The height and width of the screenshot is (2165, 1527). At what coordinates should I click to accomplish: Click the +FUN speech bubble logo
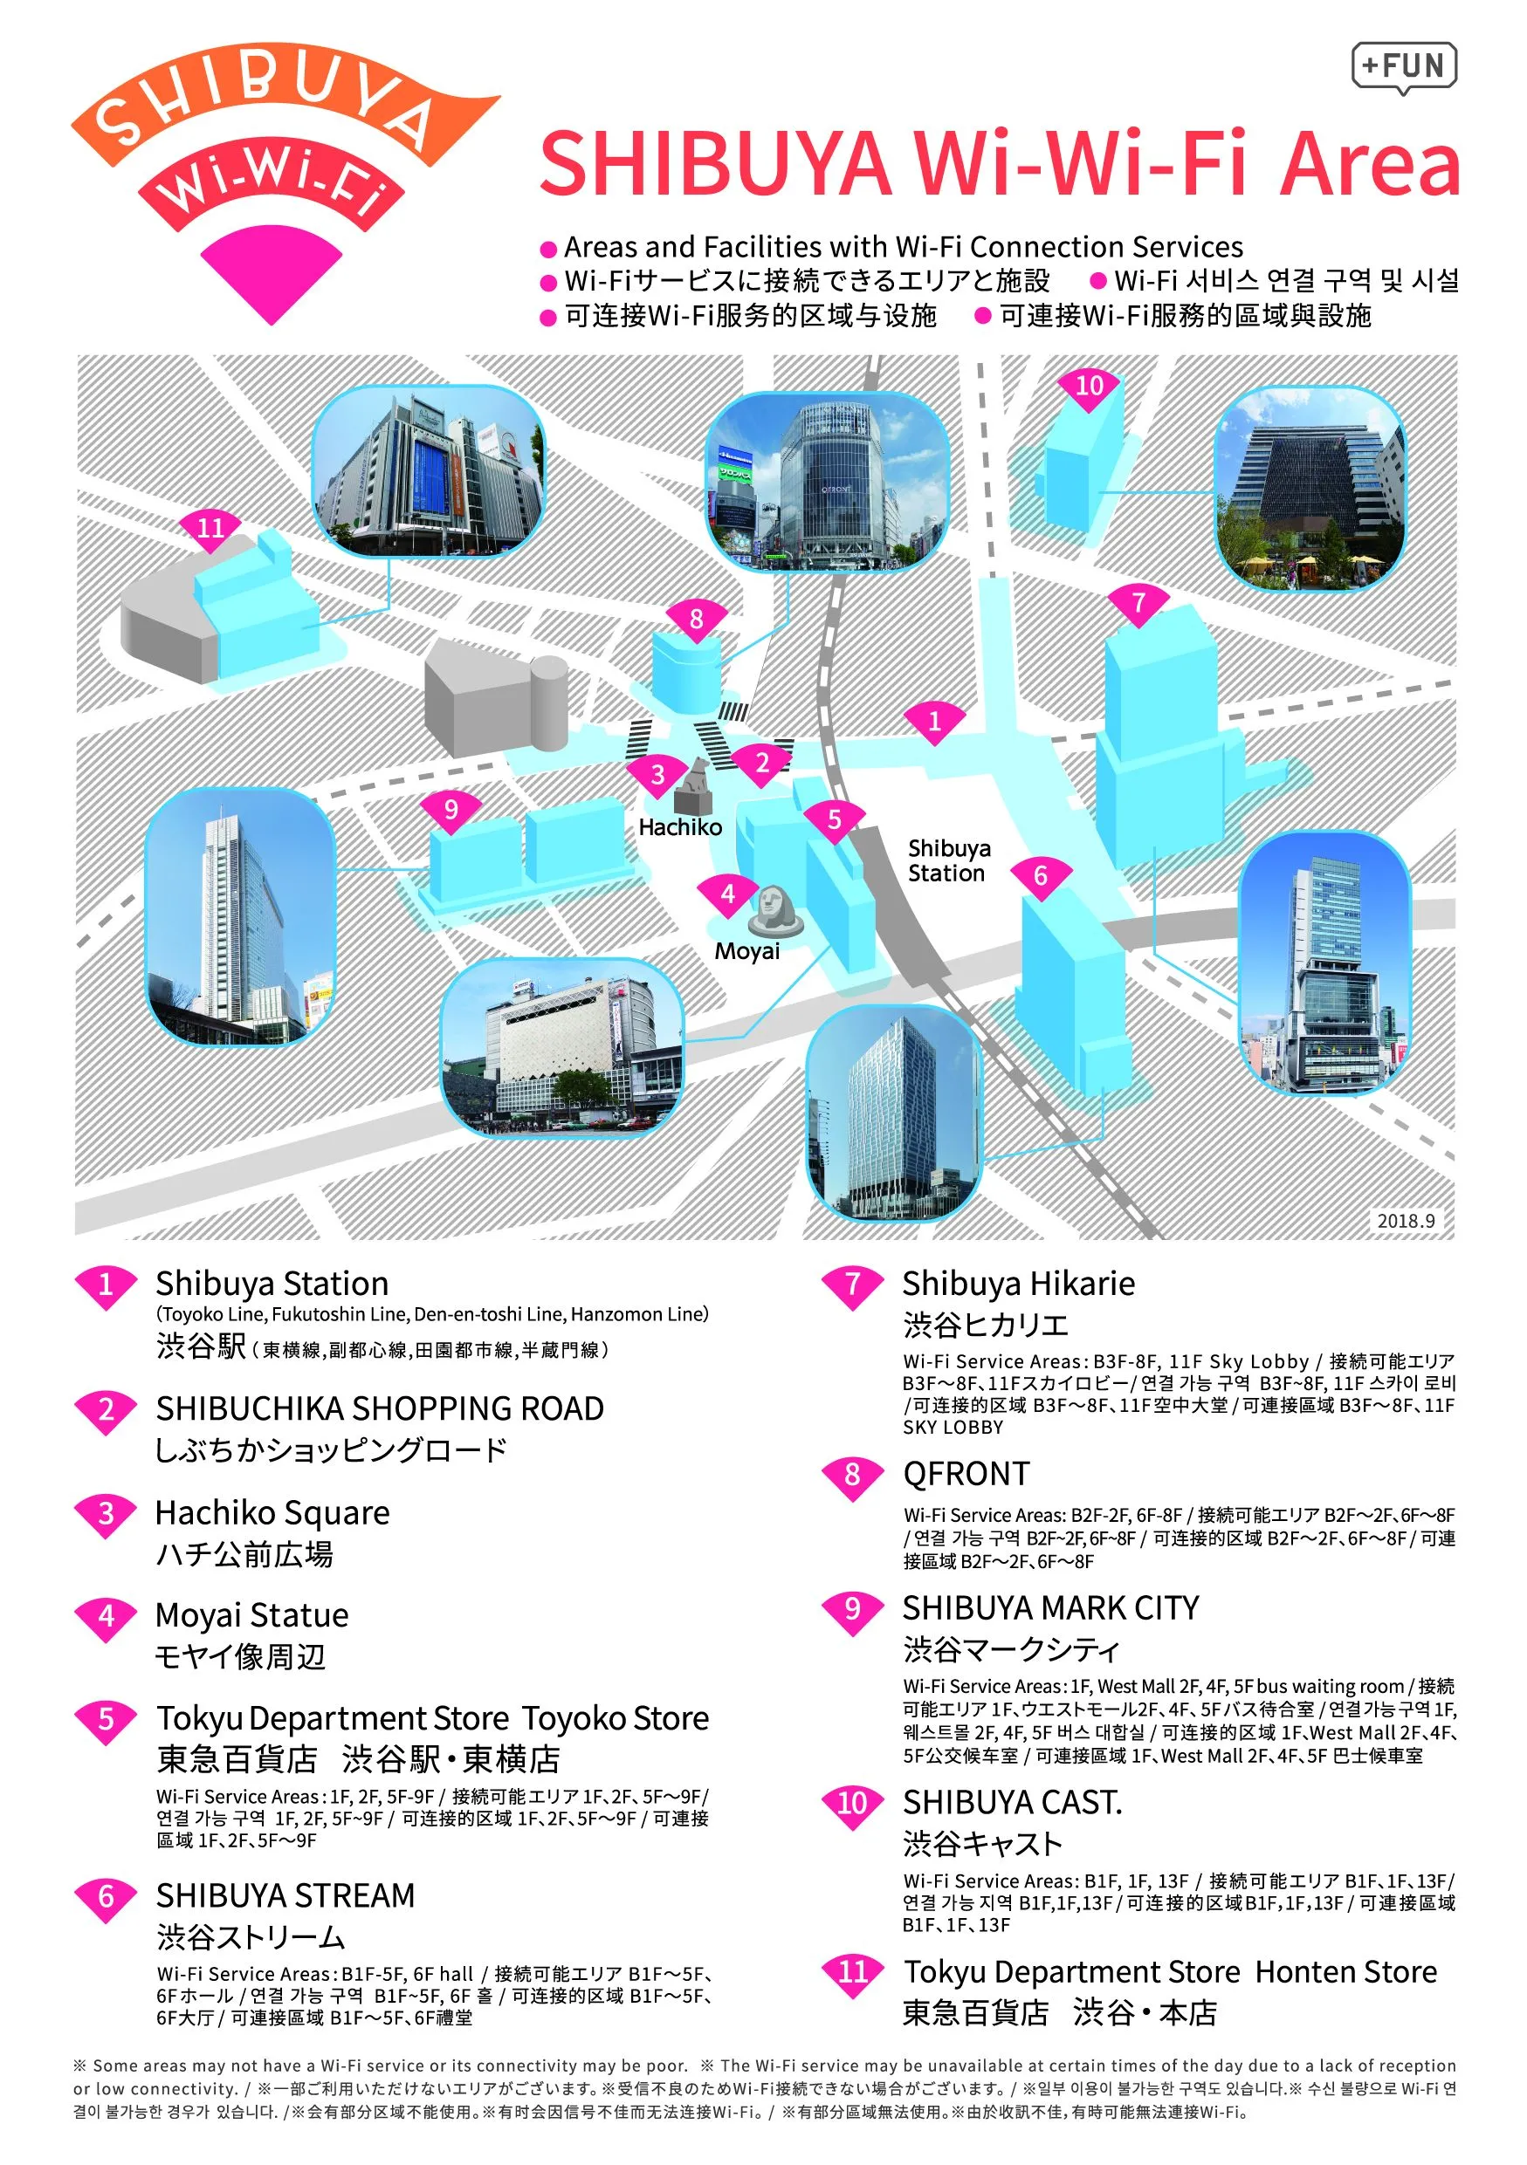1403,68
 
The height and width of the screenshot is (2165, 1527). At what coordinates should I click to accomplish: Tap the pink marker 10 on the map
1090,389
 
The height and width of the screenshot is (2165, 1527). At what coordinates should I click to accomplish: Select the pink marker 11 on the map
210,531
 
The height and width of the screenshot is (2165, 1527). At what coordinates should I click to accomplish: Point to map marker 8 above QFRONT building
696,622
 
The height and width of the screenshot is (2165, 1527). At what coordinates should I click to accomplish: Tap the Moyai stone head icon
776,912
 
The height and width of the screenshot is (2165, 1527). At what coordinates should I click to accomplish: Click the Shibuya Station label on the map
948,861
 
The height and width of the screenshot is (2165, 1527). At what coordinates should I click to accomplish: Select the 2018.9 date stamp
1406,1220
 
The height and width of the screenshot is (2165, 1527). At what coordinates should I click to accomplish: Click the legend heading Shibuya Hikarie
1019,1284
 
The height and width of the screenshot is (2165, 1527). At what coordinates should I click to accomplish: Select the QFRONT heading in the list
966,1474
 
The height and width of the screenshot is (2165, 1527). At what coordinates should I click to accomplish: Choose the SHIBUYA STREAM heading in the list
285,1895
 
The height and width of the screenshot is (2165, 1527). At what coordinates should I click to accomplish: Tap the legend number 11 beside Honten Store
853,1973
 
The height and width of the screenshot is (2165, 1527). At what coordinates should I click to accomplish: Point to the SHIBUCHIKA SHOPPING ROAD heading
380,1408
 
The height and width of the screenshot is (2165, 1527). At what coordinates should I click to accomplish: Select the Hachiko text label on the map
680,827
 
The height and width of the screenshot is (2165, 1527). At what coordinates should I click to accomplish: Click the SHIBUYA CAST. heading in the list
1013,1803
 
